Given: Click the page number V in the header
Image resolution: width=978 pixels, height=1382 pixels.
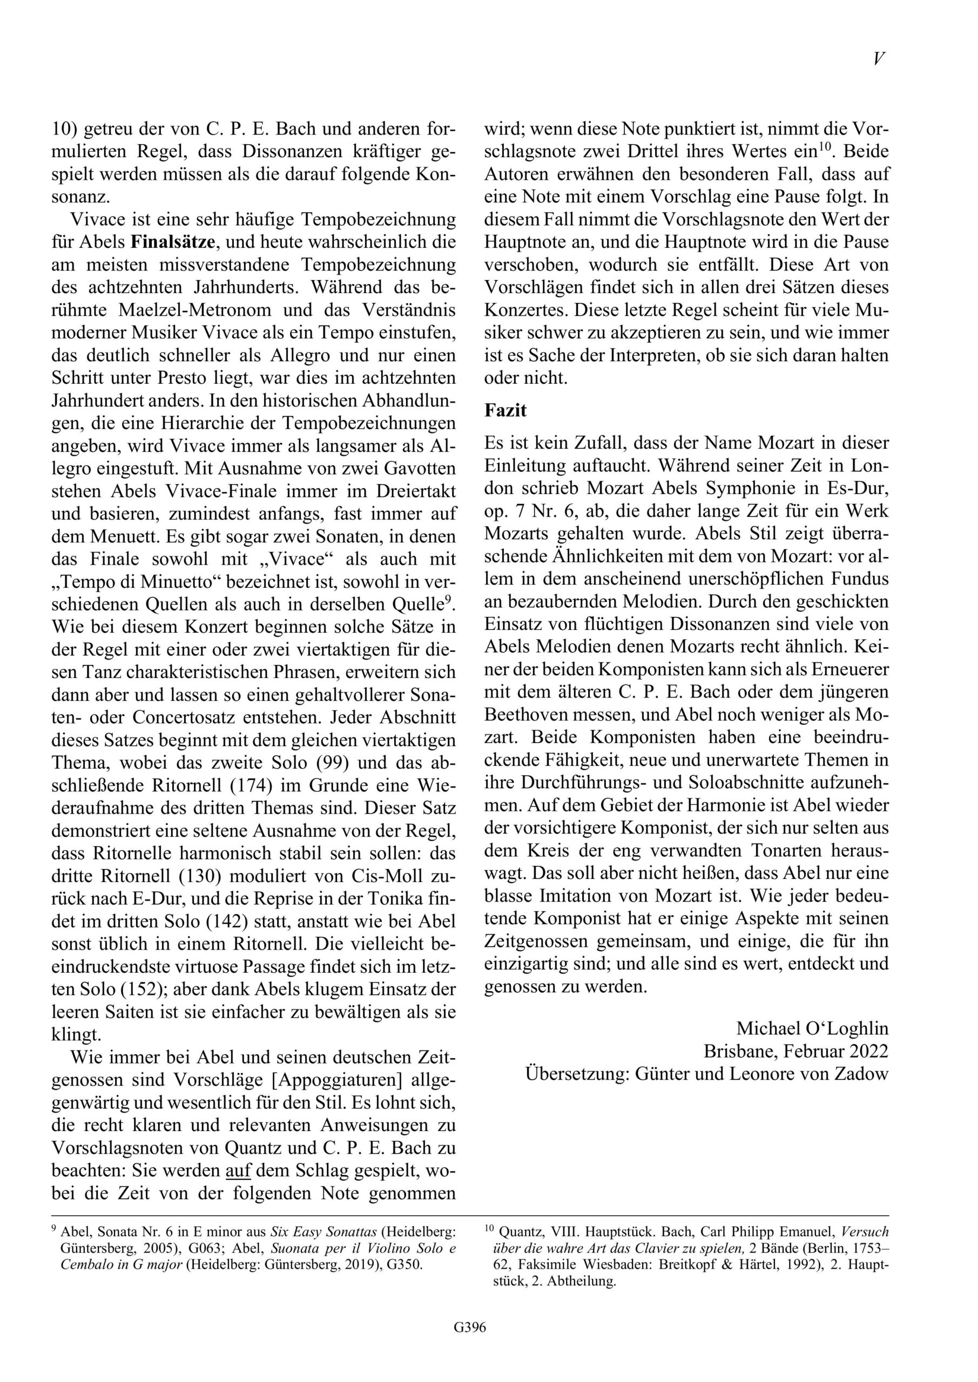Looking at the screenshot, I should (x=879, y=58).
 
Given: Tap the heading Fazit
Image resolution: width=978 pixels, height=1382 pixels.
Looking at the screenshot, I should (x=505, y=410).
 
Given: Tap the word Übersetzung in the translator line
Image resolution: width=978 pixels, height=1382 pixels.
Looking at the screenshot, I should (x=576, y=1073).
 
